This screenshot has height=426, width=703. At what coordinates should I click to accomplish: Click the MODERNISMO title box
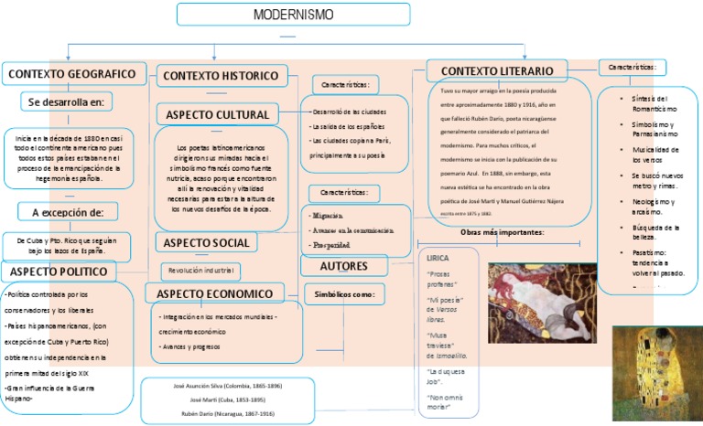(294, 16)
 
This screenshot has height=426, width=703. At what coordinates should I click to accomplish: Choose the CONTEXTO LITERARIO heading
(497, 71)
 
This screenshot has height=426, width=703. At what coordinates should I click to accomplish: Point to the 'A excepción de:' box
(74, 212)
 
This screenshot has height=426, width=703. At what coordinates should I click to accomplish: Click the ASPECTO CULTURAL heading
(217, 115)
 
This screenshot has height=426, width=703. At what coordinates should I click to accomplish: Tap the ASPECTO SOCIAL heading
(207, 242)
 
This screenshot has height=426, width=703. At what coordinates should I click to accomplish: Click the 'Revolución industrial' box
(201, 271)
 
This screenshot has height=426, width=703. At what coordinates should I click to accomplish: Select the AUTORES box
(344, 266)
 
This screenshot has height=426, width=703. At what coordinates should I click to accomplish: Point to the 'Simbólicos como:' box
(344, 295)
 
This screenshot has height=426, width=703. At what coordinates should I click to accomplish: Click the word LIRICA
(438, 258)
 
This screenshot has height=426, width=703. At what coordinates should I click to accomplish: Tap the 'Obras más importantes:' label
(502, 233)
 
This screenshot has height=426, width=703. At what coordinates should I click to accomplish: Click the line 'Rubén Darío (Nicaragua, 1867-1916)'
(227, 412)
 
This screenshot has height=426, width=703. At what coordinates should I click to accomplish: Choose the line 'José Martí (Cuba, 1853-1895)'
(227, 399)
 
